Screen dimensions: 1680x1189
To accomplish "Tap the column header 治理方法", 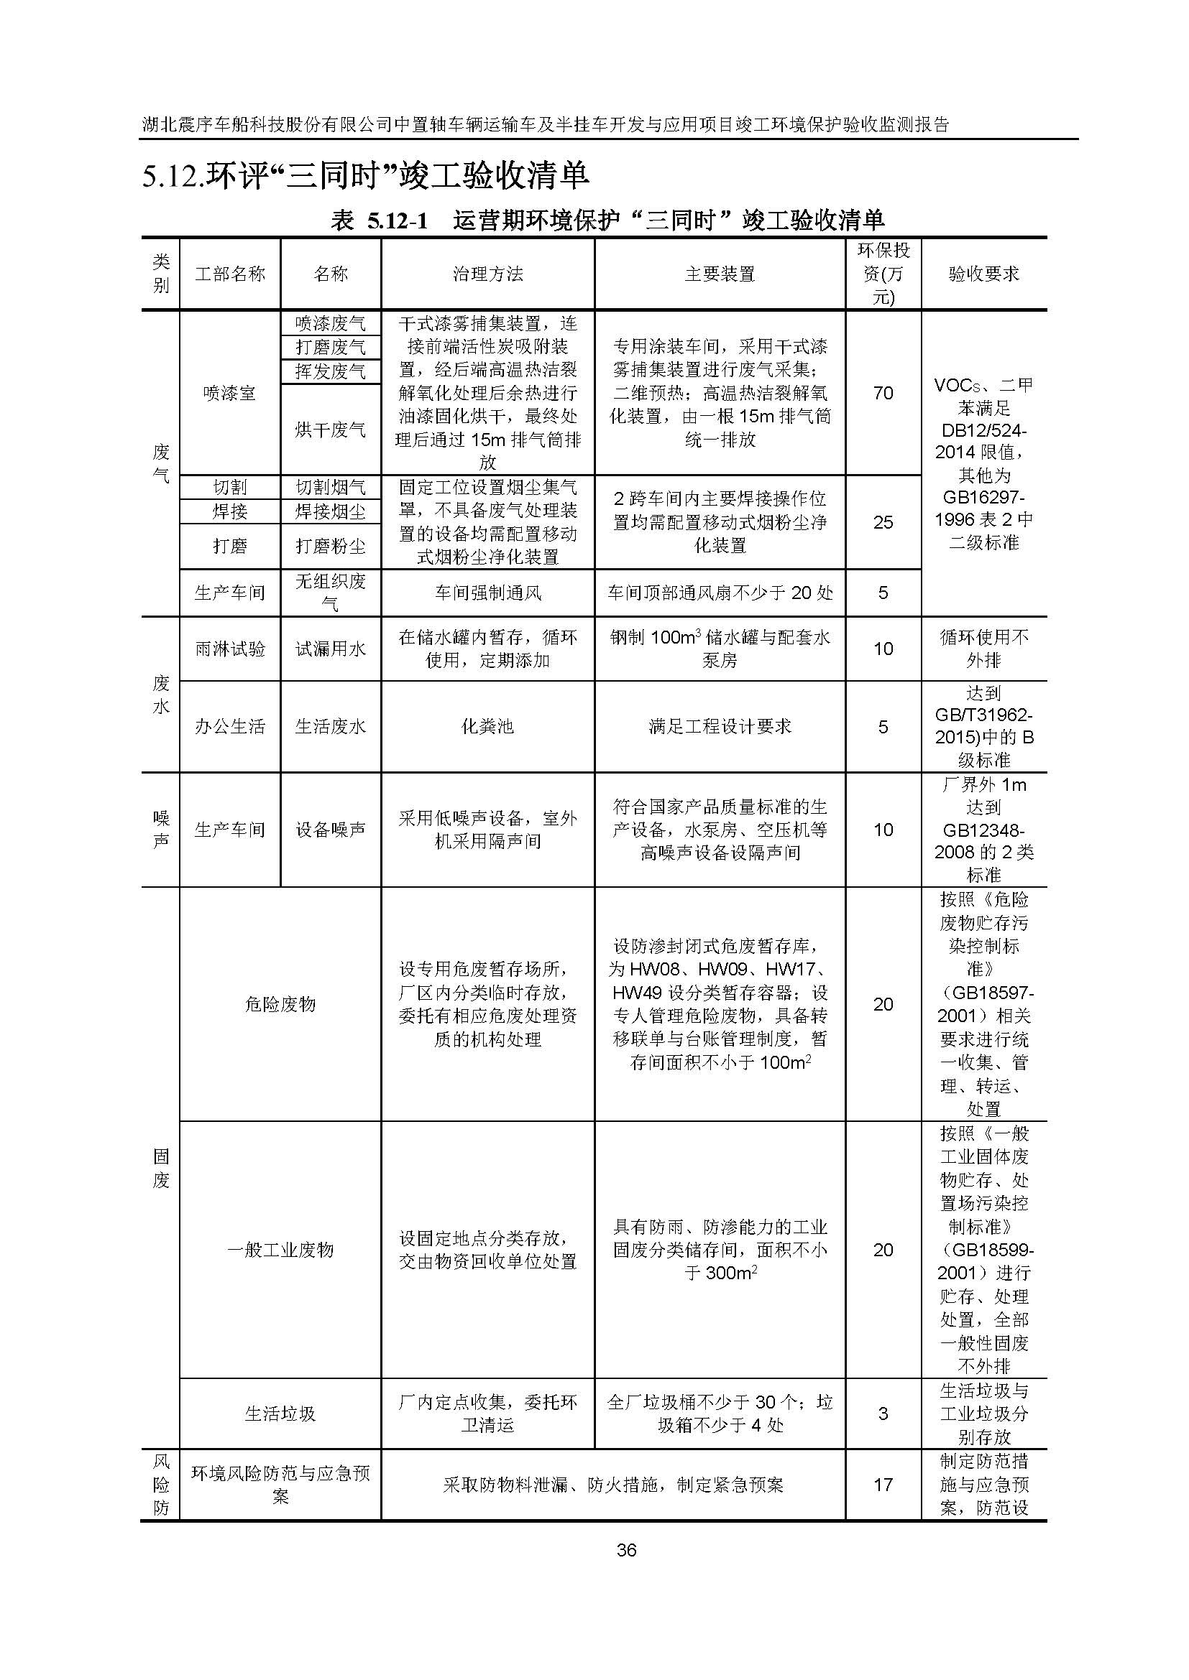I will pos(487,274).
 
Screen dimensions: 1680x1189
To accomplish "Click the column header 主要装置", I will pos(720,274).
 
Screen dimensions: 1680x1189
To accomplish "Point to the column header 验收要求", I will pos(983,274).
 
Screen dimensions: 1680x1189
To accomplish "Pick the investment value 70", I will pos(883,393).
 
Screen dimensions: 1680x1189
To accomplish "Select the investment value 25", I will pos(883,521).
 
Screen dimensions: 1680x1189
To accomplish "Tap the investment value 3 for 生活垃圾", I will pos(883,1414).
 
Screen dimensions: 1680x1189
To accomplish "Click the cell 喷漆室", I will pos(230,393).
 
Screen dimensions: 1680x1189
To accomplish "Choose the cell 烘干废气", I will pos(330,429).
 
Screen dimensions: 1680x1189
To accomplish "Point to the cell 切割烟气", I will pos(330,487).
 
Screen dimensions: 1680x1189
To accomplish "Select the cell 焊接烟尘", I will pos(330,511).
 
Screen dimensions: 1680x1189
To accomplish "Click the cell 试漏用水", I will pos(330,649).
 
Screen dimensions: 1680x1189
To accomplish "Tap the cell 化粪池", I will pos(487,727).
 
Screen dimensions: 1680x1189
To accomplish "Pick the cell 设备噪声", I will pos(330,830).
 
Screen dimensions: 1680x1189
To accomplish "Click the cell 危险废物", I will pos(280,1004).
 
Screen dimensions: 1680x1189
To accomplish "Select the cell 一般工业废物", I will pos(280,1250).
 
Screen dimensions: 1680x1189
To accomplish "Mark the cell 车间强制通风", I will pos(487,593).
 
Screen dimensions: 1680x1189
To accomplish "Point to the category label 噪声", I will pos(160,830).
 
